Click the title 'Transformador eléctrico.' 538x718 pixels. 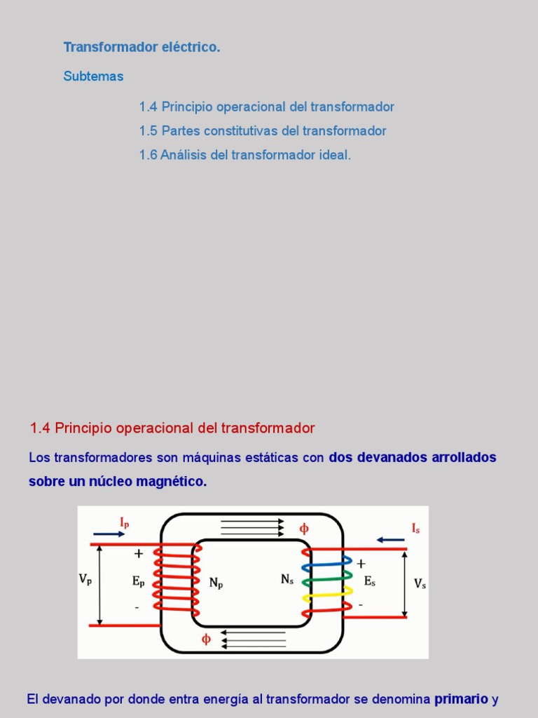(x=142, y=48)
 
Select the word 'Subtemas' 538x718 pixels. (x=93, y=76)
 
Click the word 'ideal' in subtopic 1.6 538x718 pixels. (x=334, y=155)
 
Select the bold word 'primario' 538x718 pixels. (x=461, y=699)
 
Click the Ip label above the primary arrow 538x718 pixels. (x=124, y=522)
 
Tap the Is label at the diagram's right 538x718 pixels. (x=415, y=528)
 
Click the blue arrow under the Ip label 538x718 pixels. (x=109, y=534)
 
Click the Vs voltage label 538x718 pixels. (x=420, y=583)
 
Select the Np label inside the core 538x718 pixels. (x=216, y=582)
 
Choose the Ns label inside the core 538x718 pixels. (x=287, y=579)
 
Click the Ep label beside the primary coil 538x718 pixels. (x=138, y=581)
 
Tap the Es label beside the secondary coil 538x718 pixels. (x=370, y=581)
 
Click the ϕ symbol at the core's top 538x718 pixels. (x=304, y=529)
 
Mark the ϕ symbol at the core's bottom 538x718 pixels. (x=206, y=639)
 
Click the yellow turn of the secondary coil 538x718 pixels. (x=326, y=598)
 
